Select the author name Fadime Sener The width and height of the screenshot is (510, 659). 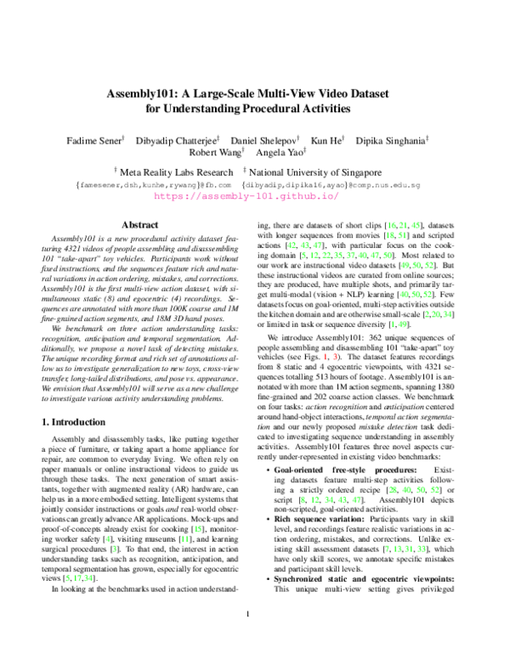tap(95, 138)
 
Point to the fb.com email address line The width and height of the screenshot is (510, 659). tap(154, 183)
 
